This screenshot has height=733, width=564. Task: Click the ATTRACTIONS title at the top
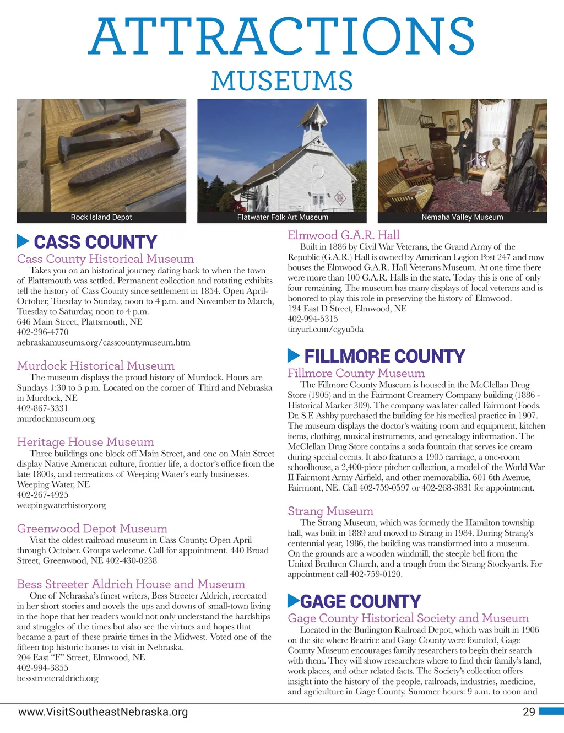click(281, 36)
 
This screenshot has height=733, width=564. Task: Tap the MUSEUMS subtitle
click(281, 81)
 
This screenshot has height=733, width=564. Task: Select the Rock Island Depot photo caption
click(101, 217)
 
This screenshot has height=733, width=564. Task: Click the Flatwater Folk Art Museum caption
click(283, 217)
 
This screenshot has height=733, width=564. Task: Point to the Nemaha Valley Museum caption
click(462, 217)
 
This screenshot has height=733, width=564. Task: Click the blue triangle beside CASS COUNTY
click(23, 241)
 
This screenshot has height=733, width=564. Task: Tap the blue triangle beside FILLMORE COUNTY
click(294, 356)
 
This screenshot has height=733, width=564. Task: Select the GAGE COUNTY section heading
click(360, 601)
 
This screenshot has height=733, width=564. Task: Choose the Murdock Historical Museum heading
click(95, 366)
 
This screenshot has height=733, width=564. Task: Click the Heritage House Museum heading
click(85, 442)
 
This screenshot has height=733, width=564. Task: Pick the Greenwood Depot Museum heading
click(92, 529)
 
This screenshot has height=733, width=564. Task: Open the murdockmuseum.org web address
click(56, 418)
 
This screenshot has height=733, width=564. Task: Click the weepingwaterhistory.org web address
click(61, 505)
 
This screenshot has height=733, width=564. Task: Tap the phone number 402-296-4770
click(43, 332)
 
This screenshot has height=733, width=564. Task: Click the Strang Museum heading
click(330, 511)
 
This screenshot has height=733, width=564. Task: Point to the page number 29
click(529, 712)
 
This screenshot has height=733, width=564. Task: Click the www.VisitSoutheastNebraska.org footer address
click(103, 712)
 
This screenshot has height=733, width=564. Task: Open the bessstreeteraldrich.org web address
click(57, 678)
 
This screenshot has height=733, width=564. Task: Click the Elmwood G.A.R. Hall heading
click(344, 235)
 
